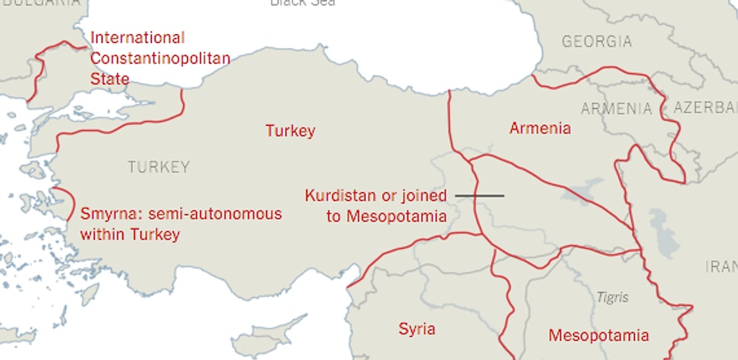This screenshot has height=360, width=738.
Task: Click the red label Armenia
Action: click(x=540, y=128)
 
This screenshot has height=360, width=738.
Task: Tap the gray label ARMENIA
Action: click(x=616, y=110)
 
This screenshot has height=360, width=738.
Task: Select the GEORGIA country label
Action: click(x=597, y=41)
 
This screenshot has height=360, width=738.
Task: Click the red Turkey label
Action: click(x=290, y=131)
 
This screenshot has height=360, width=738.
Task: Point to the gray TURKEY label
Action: click(x=159, y=167)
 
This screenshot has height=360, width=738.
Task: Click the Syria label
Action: click(x=416, y=329)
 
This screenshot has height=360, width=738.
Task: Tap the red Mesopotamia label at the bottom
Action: click(x=599, y=336)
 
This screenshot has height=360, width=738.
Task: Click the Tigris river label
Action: click(x=613, y=298)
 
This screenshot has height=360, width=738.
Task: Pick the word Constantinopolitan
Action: click(x=160, y=58)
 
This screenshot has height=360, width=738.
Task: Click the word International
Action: click(x=137, y=38)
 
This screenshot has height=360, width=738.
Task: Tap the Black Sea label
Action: click(x=302, y=3)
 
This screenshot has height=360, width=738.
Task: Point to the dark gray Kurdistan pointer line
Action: click(x=479, y=196)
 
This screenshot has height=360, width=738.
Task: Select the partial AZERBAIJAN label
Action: click(x=705, y=108)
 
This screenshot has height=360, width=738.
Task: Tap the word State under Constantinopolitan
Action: click(x=110, y=79)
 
